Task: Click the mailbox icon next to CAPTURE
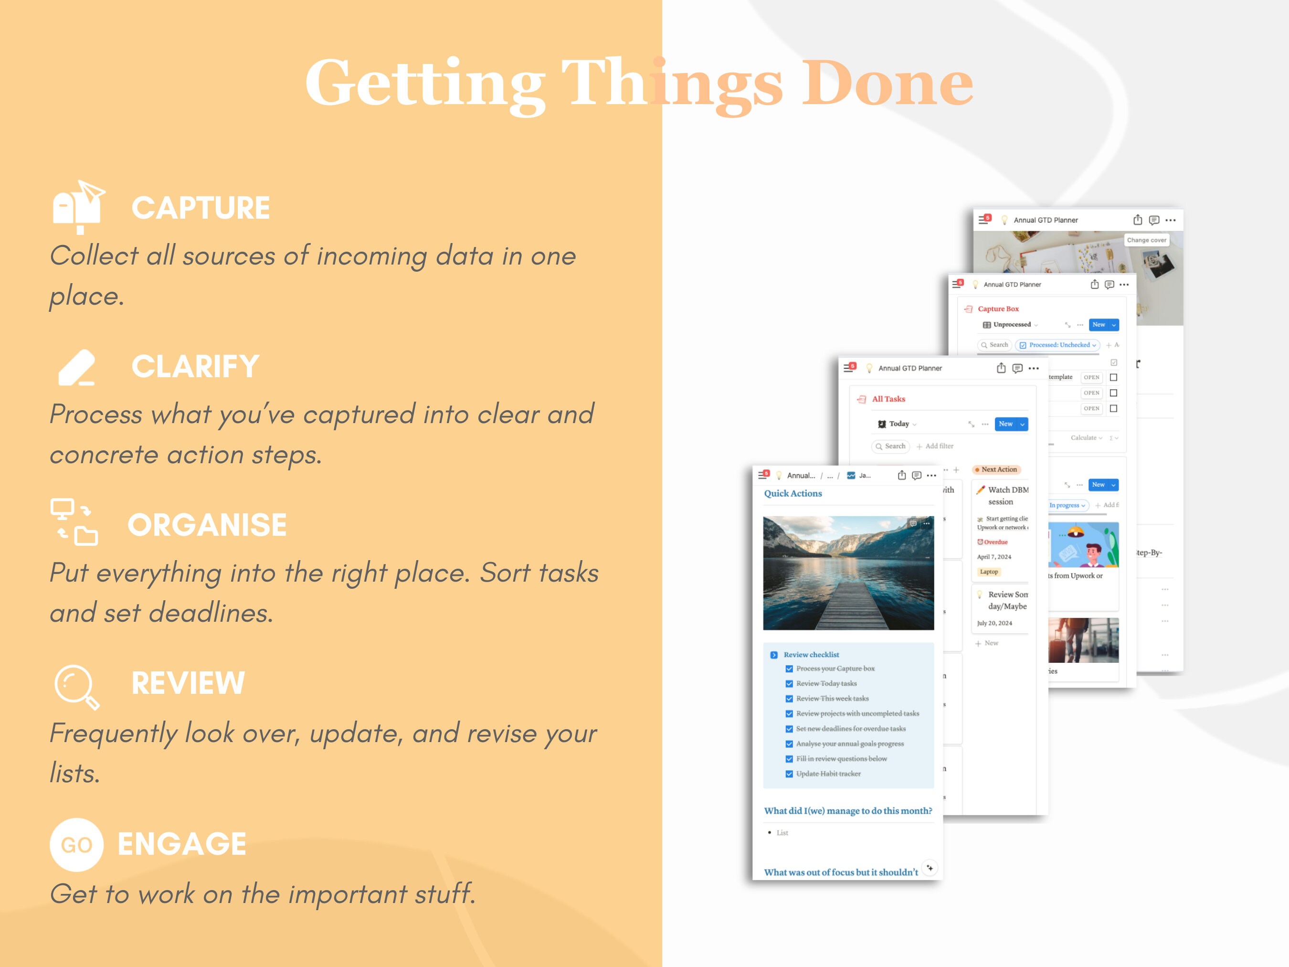click(78, 207)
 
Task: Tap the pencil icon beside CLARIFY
click(77, 367)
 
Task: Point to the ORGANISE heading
click(207, 525)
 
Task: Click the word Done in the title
click(887, 84)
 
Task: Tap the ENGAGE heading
click(182, 843)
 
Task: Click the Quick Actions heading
click(792, 493)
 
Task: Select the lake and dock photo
click(848, 573)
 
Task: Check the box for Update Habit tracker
click(789, 774)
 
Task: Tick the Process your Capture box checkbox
click(789, 669)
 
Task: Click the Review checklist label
click(811, 655)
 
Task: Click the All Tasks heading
click(888, 399)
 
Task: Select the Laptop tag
click(988, 572)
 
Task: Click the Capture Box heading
click(998, 309)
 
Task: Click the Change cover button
click(1146, 240)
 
